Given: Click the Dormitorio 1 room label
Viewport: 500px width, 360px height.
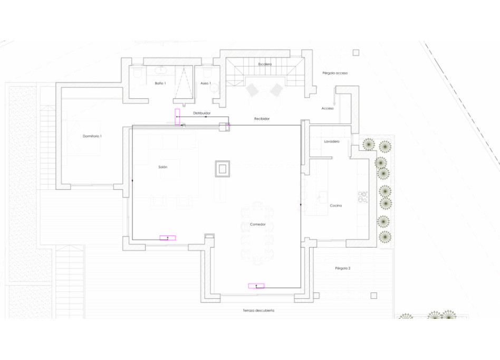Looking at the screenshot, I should [x=92, y=136].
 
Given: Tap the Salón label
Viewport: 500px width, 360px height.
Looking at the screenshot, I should [x=163, y=167].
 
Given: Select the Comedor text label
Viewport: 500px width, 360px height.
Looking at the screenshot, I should [x=258, y=224].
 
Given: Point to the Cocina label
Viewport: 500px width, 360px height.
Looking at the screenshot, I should [x=335, y=205].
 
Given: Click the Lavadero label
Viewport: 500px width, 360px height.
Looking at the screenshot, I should [x=332, y=141].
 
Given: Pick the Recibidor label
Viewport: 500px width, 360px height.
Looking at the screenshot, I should [x=262, y=119].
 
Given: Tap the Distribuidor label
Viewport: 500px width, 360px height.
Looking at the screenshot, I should [x=201, y=113].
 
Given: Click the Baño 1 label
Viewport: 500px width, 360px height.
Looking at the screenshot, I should [x=160, y=83].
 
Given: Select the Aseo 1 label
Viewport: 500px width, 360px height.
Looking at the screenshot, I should [x=206, y=83].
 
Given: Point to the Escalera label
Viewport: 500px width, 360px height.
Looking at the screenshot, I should [x=265, y=64].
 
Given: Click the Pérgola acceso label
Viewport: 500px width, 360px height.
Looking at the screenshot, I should [x=335, y=73].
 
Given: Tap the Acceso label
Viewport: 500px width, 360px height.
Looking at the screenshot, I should [x=328, y=108].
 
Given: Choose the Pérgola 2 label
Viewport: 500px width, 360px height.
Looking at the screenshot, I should [x=342, y=268].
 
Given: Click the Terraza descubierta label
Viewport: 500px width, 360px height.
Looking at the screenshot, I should [x=258, y=310].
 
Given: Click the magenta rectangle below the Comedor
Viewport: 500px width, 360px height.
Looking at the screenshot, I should [x=256, y=286].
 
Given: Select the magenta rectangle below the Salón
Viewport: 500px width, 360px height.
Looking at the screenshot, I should [x=168, y=238].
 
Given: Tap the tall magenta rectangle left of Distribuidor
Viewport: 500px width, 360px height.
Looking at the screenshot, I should [x=177, y=117].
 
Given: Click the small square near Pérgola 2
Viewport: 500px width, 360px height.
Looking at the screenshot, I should [x=374, y=296].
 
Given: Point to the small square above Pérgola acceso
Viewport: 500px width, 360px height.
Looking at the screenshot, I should [x=356, y=52].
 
